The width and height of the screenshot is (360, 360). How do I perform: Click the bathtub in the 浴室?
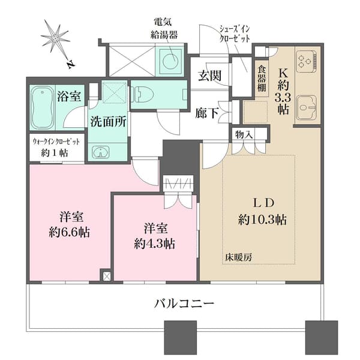tap(43, 107)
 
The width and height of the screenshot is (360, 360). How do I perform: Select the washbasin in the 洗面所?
tap(101, 152)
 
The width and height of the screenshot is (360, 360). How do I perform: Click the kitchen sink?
tap(307, 107)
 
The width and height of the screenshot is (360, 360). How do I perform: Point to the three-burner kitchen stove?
tap(306, 59)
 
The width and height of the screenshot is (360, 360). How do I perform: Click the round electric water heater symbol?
tap(170, 61)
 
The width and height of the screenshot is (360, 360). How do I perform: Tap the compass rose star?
tap(55, 38)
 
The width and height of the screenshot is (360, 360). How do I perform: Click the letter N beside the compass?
tap(71, 64)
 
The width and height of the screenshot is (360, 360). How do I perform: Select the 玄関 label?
tap(209, 76)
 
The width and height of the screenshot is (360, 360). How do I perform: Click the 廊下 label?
tap(206, 113)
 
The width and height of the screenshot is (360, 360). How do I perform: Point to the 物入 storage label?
tap(244, 134)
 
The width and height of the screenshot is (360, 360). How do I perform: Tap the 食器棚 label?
tap(262, 78)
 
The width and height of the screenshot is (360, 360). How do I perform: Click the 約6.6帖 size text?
tap(69, 233)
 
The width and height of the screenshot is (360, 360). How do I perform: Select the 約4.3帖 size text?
tap(155, 244)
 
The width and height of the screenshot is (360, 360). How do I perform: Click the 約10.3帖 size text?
tap(262, 220)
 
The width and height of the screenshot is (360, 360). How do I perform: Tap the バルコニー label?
tap(184, 304)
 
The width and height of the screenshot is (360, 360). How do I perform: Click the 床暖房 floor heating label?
tap(238, 257)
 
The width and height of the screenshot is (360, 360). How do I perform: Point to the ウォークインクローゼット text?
tap(56, 142)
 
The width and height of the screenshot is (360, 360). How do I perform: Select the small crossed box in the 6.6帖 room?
tap(106, 276)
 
